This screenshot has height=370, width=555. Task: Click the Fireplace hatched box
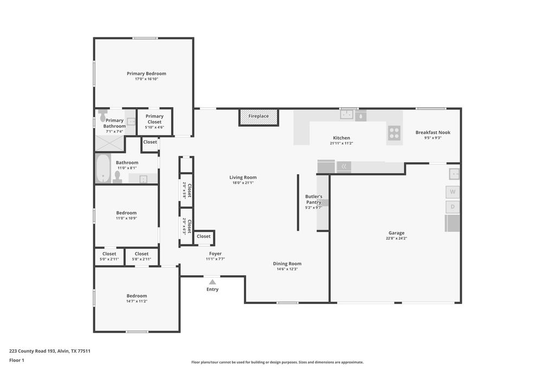click(259, 118)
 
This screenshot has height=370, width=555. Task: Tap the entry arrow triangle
click(212, 282)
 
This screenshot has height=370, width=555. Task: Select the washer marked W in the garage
click(453, 192)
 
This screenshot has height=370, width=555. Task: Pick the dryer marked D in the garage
click(453, 207)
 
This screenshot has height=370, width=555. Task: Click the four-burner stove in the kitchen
click(394, 133)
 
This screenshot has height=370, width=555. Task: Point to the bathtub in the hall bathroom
click(103, 168)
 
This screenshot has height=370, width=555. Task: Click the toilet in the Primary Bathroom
click(102, 115)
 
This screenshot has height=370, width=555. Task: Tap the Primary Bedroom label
click(146, 74)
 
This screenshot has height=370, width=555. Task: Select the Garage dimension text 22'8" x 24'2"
click(396, 238)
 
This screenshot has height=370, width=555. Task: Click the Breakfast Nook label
click(433, 132)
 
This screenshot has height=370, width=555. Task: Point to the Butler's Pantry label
click(314, 199)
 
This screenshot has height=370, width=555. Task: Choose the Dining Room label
click(287, 263)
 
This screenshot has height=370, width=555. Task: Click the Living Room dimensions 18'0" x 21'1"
click(243, 183)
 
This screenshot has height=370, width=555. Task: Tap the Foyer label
click(215, 254)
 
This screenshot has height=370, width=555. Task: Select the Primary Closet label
click(154, 119)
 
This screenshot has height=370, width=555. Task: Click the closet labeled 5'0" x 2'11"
click(109, 256)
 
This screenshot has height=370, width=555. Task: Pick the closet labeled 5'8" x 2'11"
click(141, 256)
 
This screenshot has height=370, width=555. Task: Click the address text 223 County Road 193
click(32, 351)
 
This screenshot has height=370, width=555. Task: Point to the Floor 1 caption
click(17, 360)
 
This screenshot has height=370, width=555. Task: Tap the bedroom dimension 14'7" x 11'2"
click(137, 301)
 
